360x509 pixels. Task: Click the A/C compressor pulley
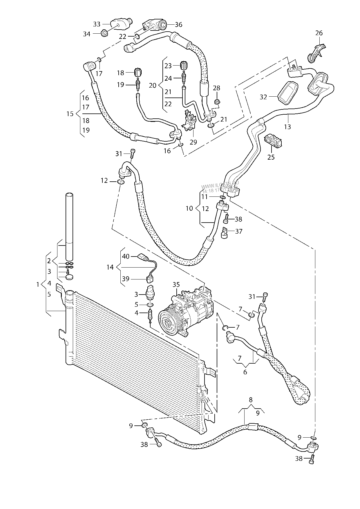(x=169, y=322)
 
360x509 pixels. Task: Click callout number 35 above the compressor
(x=176, y=284)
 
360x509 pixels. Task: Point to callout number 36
(x=179, y=25)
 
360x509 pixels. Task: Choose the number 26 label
(x=319, y=33)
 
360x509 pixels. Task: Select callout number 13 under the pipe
(x=287, y=127)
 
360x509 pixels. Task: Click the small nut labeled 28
(x=216, y=102)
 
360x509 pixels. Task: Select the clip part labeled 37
(x=225, y=232)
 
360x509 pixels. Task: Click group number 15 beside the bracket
(x=70, y=113)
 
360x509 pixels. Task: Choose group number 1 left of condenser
(x=37, y=285)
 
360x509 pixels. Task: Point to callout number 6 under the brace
(x=245, y=372)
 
